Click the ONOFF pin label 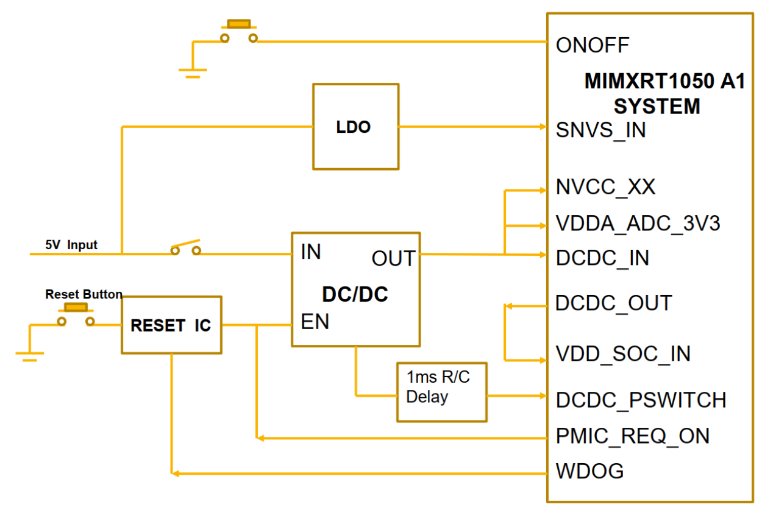point(592,45)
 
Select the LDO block point(356,127)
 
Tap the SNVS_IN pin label point(600,130)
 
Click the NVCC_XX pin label point(605,187)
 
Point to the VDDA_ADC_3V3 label point(638,224)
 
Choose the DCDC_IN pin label point(602,258)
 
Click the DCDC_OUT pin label point(613,303)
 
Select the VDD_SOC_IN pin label point(623,353)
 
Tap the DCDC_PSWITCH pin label point(641,400)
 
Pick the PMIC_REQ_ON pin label point(633,436)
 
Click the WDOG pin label point(589,471)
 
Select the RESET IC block point(171,325)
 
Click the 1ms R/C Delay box point(441,392)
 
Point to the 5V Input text point(71,245)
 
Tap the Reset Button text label point(84,294)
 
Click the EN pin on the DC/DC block point(315,322)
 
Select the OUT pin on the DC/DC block point(393,258)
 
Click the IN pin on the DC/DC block point(311,252)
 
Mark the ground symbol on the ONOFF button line point(193,73)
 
